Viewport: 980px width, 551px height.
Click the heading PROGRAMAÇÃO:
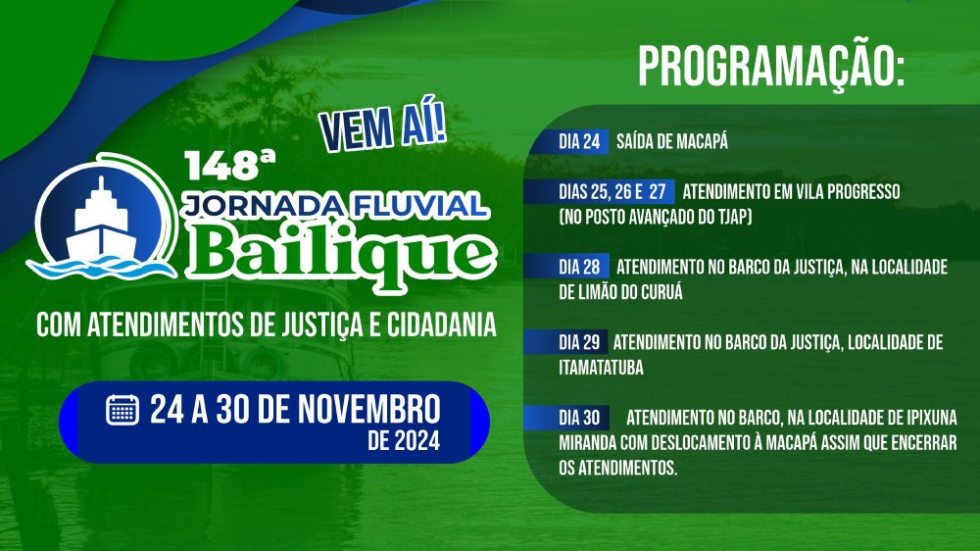click(770, 66)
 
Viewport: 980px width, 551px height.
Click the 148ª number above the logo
click(220, 165)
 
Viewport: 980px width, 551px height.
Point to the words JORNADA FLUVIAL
click(335, 203)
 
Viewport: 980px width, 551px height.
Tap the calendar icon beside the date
click(122, 409)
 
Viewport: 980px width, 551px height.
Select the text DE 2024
click(404, 440)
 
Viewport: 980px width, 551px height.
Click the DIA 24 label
click(579, 141)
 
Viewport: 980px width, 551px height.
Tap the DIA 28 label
click(579, 267)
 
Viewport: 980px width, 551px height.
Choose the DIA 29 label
click(579, 342)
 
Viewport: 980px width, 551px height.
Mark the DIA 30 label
click(579, 418)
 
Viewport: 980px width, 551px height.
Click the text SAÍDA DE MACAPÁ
click(672, 142)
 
